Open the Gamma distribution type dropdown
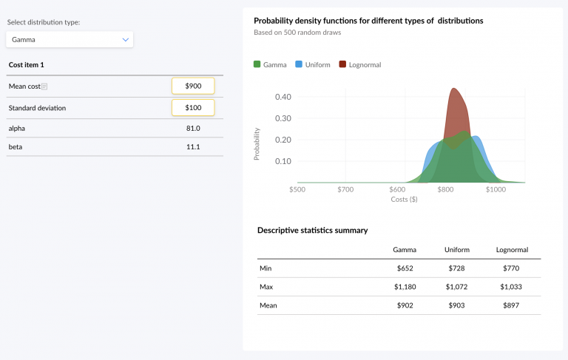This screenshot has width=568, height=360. click(x=70, y=39)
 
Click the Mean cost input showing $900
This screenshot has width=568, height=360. click(x=193, y=86)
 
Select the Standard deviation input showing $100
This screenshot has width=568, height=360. click(x=193, y=108)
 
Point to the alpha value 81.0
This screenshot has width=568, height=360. click(x=193, y=129)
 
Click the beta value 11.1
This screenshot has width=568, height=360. click(x=193, y=147)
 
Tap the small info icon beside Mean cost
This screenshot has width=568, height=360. click(x=44, y=86)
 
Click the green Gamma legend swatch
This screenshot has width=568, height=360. click(x=257, y=64)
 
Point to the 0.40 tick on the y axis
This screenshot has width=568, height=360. click(x=283, y=97)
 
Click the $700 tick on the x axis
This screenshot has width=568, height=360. click(x=345, y=190)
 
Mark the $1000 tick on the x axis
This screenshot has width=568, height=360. click(x=496, y=190)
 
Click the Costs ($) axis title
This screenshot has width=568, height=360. click(x=404, y=200)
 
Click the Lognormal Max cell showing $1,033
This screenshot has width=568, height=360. click(x=512, y=286)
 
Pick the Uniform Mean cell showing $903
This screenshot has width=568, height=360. click(x=457, y=305)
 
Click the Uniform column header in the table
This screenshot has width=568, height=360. click(x=457, y=250)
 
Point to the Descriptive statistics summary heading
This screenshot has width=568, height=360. click(x=312, y=230)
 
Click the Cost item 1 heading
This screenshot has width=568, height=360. click(x=26, y=65)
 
